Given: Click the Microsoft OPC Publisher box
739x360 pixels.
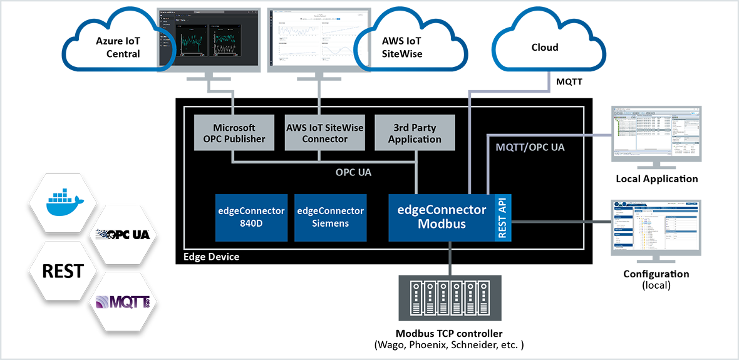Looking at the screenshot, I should pyautogui.click(x=234, y=133).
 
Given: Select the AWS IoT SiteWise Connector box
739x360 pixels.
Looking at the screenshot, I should pyautogui.click(x=324, y=133).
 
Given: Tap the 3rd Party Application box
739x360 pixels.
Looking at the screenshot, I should pyautogui.click(x=415, y=133).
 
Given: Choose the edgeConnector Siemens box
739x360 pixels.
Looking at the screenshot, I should pyautogui.click(x=330, y=217).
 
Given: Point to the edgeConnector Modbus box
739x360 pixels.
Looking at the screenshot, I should pyautogui.click(x=442, y=217).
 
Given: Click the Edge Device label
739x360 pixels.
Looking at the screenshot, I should pyautogui.click(x=211, y=257).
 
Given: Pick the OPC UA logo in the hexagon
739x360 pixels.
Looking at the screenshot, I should pyautogui.click(x=124, y=235).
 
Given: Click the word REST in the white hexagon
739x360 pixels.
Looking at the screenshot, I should pyautogui.click(x=63, y=271).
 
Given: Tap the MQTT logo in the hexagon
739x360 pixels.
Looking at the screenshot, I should pyautogui.click(x=124, y=304).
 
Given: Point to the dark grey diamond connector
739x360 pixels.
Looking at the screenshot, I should pyautogui.click(x=602, y=221).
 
